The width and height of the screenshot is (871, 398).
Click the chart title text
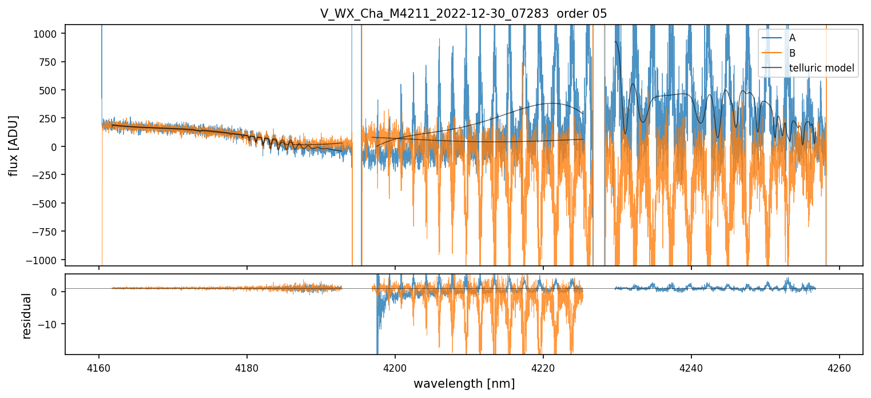[463, 13]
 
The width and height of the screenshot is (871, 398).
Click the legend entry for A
[792, 38]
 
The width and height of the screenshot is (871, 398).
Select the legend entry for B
[792, 53]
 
